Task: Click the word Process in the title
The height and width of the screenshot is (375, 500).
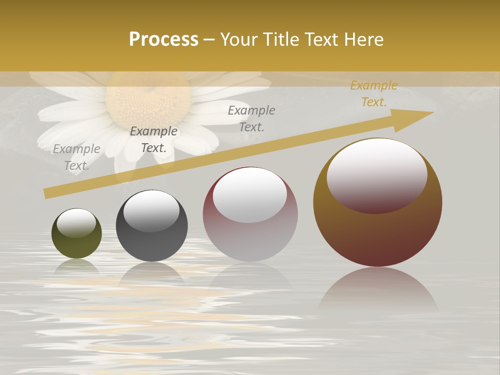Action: (x=164, y=40)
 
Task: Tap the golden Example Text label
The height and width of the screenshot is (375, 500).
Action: (x=374, y=94)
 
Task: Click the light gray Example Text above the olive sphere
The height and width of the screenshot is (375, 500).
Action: (x=77, y=157)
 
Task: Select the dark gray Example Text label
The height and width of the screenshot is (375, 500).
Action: (x=154, y=140)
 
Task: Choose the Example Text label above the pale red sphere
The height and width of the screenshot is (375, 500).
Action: (x=252, y=118)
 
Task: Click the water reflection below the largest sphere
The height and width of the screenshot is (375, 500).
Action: (x=378, y=292)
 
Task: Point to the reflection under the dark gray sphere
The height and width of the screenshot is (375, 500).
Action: (x=152, y=273)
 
